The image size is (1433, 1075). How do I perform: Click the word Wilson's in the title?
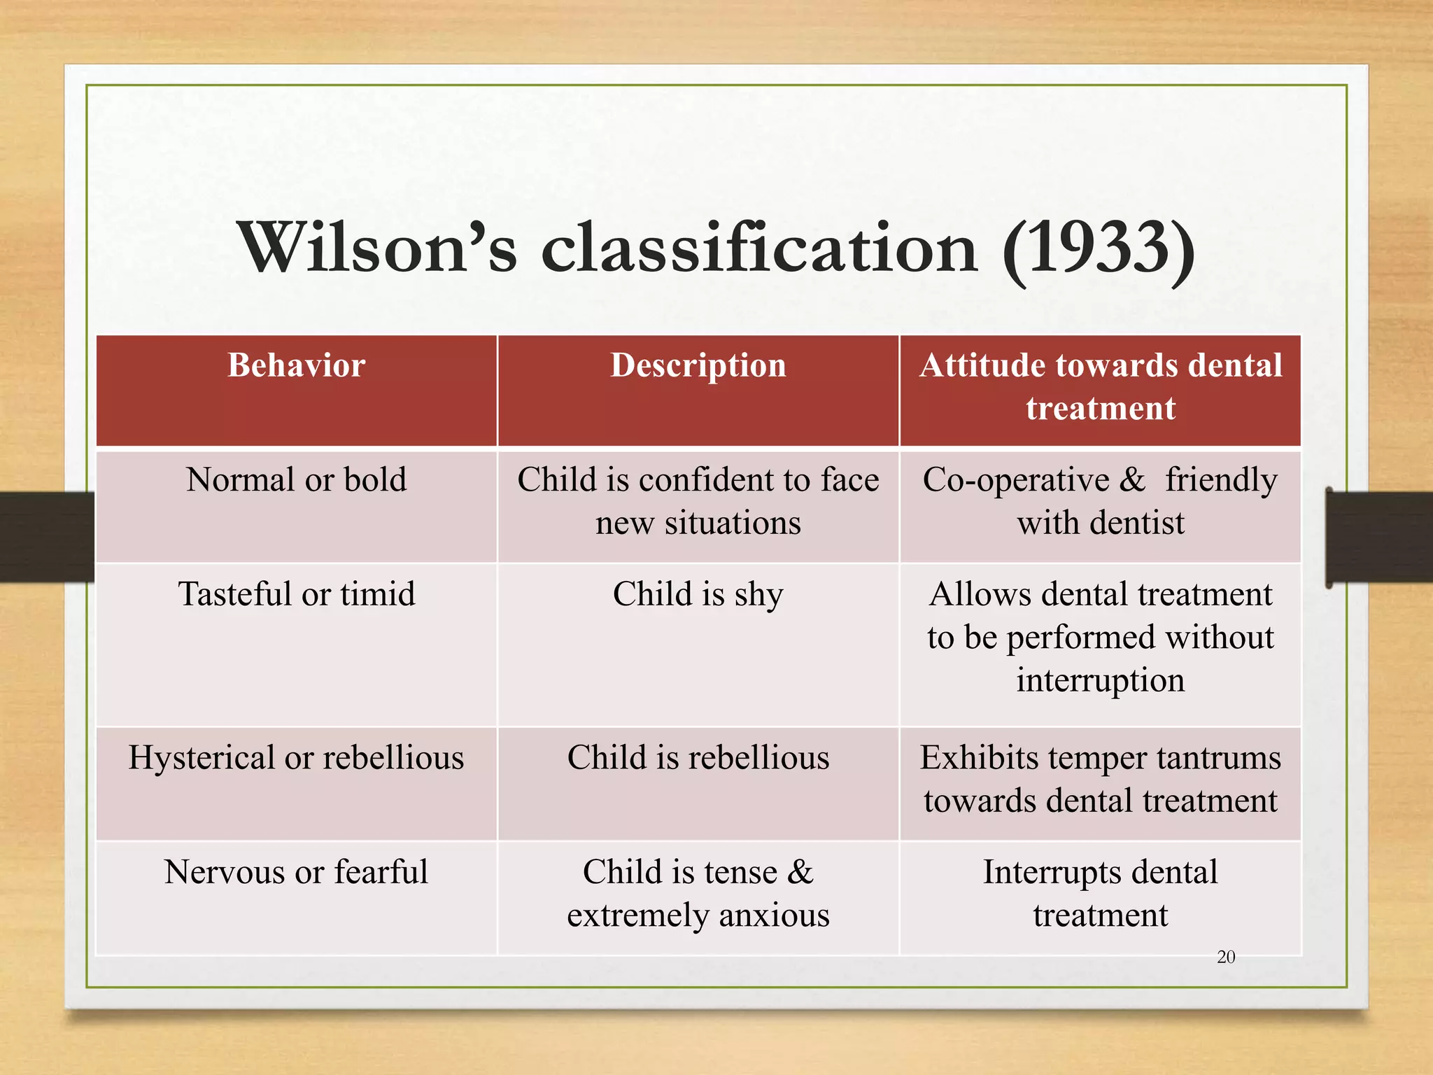coord(377,248)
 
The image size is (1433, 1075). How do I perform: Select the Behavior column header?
coord(296,365)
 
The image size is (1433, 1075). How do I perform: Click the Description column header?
coord(698,365)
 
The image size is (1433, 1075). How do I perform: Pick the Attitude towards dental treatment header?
coord(1100,386)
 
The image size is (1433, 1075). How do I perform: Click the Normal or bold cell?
coord(296,480)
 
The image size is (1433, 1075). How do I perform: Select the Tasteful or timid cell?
coord(296,594)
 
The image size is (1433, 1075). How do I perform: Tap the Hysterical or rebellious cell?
coord(296,758)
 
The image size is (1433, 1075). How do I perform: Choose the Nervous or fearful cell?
coord(296,873)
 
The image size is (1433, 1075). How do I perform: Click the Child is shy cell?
coord(698,594)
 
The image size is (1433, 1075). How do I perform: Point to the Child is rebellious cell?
coord(698,758)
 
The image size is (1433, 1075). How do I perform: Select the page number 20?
coord(1226,957)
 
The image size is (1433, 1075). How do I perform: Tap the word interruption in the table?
coord(1100,680)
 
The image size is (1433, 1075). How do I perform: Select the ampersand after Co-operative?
coord(1132,480)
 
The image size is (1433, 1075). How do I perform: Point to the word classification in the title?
coord(759,248)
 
